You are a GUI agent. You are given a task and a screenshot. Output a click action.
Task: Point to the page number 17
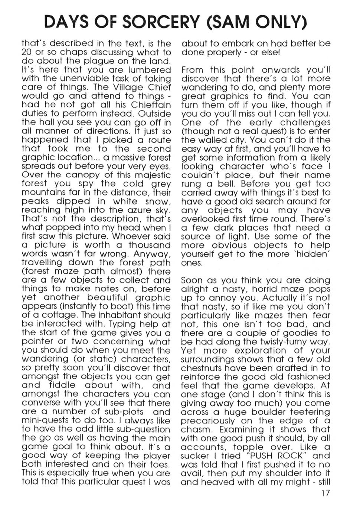(x=324, y=493)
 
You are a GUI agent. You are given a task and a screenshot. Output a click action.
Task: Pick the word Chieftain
(x=151, y=105)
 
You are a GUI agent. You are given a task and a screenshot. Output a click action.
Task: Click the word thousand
(x=150, y=245)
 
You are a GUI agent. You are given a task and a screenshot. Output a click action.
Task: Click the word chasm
(x=196, y=430)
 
